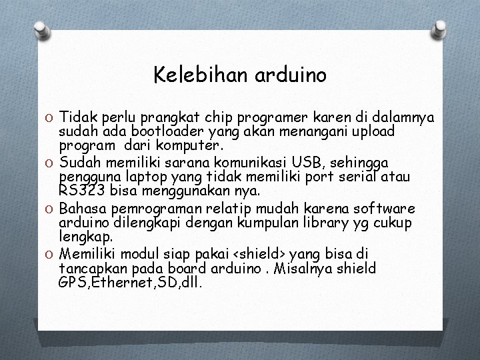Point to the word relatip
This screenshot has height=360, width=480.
[249, 209]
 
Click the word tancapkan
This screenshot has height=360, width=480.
[89, 268]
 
